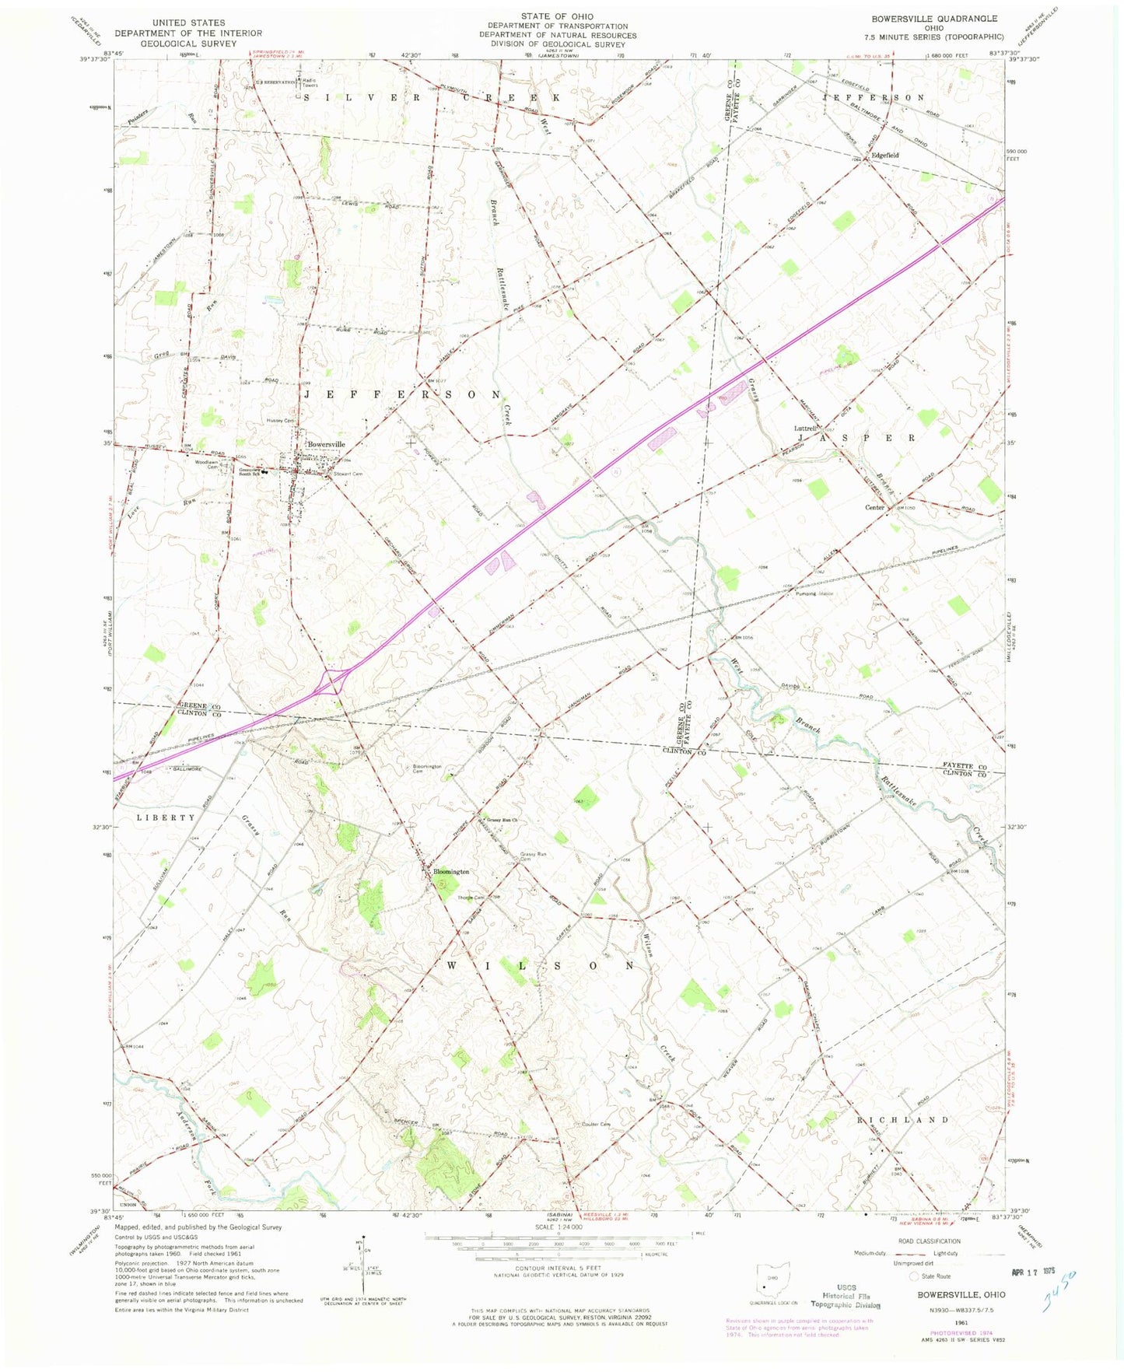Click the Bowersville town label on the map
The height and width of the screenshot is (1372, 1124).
[325, 444]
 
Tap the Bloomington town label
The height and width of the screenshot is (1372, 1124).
[451, 872]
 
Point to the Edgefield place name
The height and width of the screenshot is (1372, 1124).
[884, 156]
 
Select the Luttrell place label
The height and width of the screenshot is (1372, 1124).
[804, 429]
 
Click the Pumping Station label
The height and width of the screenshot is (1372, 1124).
[814, 594]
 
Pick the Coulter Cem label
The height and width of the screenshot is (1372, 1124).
[596, 1124]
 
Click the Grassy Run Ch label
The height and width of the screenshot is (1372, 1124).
[502, 820]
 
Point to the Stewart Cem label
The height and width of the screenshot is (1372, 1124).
[348, 474]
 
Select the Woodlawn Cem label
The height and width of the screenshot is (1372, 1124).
[207, 464]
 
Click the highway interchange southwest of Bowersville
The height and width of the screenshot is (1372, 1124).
[332, 682]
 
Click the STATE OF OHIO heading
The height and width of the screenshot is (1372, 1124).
[557, 16]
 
